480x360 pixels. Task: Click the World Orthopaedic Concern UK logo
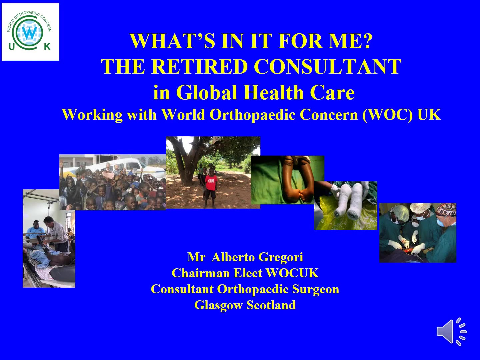tap(30, 32)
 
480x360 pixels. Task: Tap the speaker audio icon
tap(452, 332)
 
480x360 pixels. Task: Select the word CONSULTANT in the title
tap(327, 66)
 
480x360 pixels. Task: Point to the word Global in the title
tap(207, 92)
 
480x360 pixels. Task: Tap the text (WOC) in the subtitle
tap(387, 115)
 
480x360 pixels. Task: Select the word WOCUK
tap(292, 273)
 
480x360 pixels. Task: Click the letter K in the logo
tap(47, 46)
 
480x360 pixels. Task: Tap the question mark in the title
tap(368, 41)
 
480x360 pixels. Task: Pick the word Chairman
tap(200, 273)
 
